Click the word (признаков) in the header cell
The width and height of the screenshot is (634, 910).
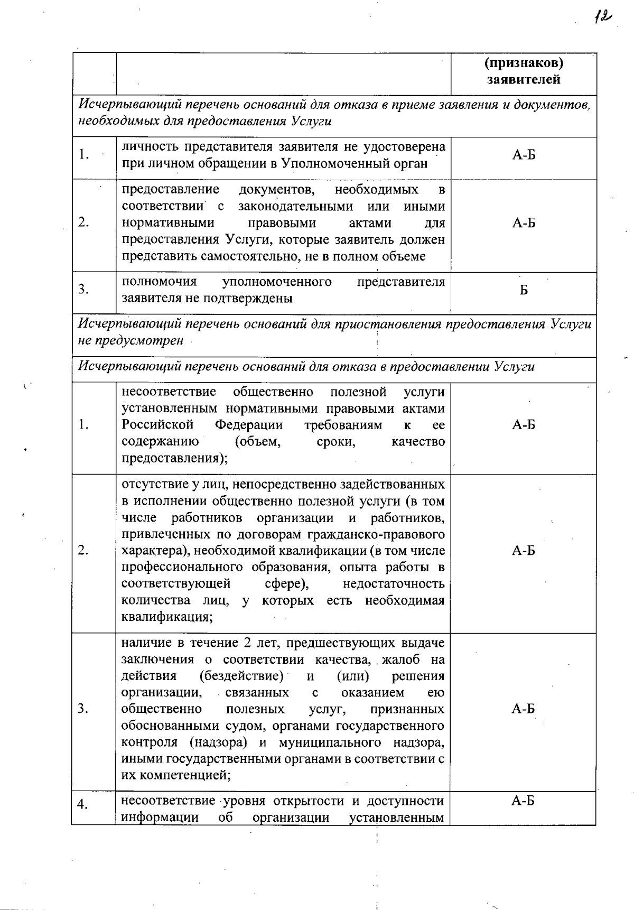[x=524, y=63]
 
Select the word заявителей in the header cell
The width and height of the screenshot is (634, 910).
[x=524, y=80]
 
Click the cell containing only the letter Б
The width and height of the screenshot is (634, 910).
[x=524, y=290]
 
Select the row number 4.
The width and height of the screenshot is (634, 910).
[x=83, y=804]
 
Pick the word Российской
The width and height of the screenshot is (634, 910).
[x=157, y=425]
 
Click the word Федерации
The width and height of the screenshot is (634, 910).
[x=248, y=425]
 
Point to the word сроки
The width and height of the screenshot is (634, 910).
[x=335, y=441]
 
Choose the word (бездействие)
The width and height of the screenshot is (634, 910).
[x=241, y=676]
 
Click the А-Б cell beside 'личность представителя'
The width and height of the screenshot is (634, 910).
[x=524, y=155]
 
